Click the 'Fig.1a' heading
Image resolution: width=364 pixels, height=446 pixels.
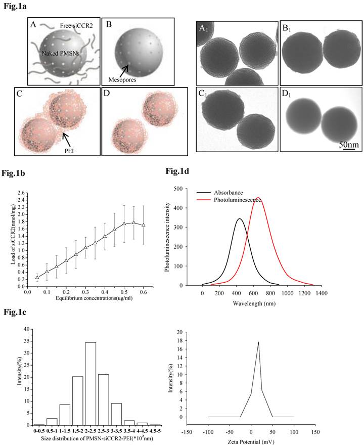pos(14,9)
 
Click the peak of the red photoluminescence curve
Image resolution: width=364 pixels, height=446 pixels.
pos(258,198)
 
